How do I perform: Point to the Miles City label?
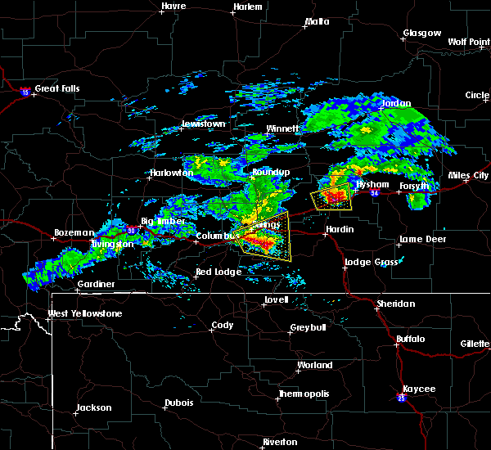[468, 175]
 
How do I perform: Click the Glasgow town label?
[421, 34]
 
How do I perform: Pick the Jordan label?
[396, 104]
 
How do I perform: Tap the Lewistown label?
[202, 124]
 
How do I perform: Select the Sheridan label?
[396, 304]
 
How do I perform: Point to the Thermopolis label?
[304, 394]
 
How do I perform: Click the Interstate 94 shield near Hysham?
[374, 193]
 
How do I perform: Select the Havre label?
[173, 6]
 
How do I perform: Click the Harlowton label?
[170, 173]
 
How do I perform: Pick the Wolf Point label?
[468, 42]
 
